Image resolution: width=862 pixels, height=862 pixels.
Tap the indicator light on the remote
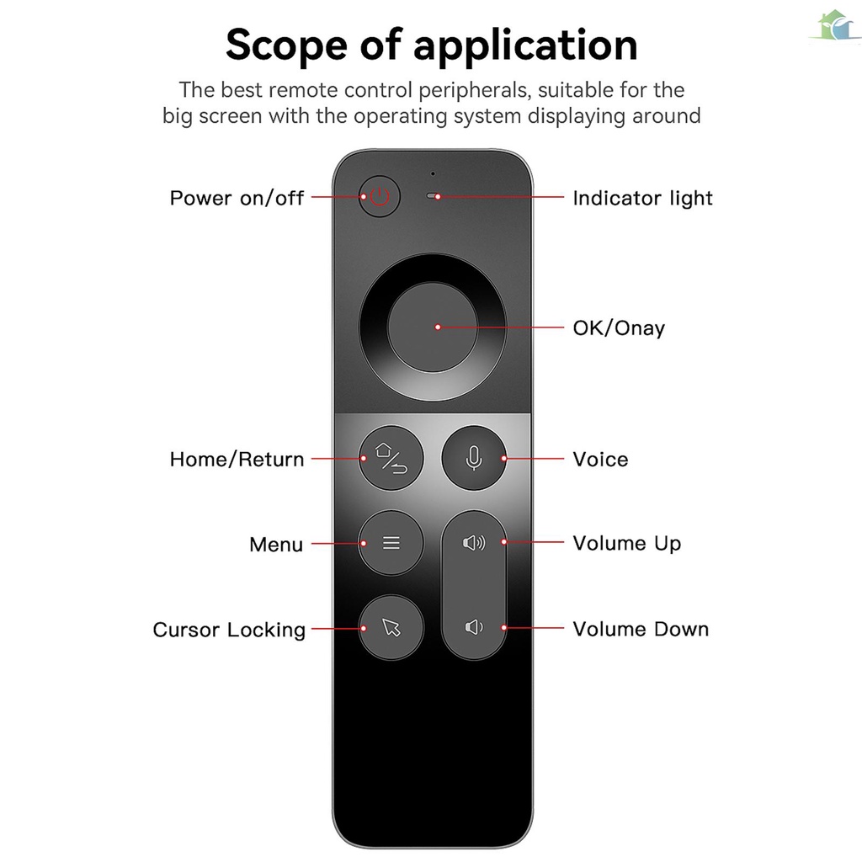pos(434,197)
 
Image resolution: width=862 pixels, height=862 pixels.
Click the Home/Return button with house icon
pos(391,459)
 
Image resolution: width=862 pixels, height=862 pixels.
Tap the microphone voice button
pos(474,459)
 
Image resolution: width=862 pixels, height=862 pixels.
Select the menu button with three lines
pos(391,543)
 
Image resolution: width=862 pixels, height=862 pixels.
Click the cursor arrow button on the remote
pos(391,627)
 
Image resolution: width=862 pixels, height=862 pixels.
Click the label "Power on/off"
pos(237,199)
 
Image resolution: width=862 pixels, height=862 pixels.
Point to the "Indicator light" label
pos(642,199)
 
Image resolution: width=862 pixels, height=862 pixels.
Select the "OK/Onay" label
pos(619,327)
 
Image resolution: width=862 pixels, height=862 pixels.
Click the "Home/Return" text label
pos(237,460)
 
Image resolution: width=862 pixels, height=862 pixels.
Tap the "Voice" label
pos(600,460)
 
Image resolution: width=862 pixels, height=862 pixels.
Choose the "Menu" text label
pos(275,545)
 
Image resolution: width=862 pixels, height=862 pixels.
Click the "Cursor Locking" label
pos(229,630)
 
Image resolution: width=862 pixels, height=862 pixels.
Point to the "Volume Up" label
pos(626,544)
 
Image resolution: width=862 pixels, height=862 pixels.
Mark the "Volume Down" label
pos(641,629)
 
